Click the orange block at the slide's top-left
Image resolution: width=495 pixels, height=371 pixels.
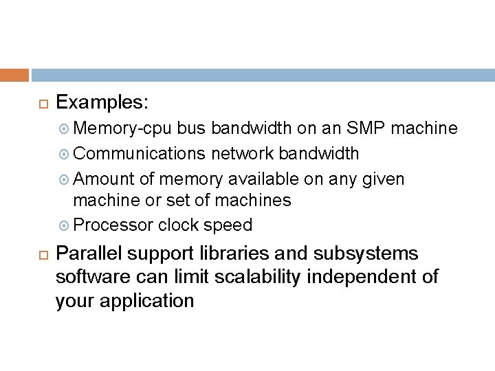(14, 75)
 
